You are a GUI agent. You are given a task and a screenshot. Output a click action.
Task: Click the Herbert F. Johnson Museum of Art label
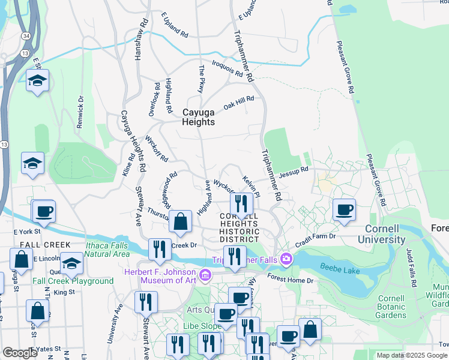coord(161,275)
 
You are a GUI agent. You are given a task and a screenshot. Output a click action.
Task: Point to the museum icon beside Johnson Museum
coord(205,275)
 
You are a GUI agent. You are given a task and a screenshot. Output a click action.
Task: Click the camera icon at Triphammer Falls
coord(286,259)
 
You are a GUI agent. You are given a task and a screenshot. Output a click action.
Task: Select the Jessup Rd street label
coord(297,170)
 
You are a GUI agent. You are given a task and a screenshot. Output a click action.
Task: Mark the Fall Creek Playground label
coord(73,281)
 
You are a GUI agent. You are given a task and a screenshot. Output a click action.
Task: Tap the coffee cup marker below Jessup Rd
coord(344,210)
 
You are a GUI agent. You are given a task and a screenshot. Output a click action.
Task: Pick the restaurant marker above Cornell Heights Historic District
coord(241,203)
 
